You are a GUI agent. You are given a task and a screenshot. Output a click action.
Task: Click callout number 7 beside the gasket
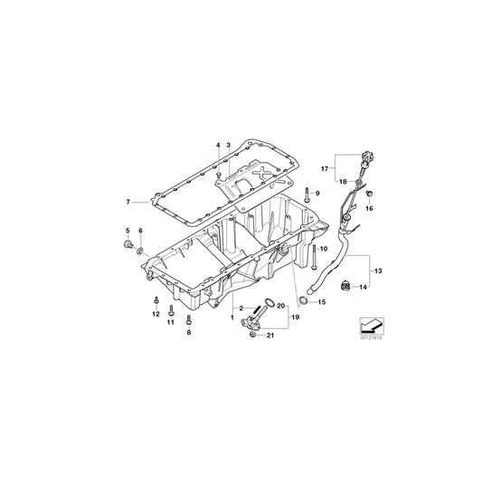pos(129,202)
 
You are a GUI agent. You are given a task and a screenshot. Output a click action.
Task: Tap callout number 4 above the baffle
pos(217,145)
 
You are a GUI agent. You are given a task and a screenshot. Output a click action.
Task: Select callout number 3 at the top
pos(229,145)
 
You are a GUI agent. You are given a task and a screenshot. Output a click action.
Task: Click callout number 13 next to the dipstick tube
pos(378,269)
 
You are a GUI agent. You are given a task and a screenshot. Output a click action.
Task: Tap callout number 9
pos(318,194)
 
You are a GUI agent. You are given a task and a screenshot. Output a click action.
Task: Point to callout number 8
pos(188,333)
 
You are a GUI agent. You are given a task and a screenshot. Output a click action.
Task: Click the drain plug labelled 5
pos(127,245)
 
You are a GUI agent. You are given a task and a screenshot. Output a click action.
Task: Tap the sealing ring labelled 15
pos(301,299)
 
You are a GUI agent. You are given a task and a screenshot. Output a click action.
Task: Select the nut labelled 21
pos(250,336)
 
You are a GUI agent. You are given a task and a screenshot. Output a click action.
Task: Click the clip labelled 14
pos(344,288)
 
